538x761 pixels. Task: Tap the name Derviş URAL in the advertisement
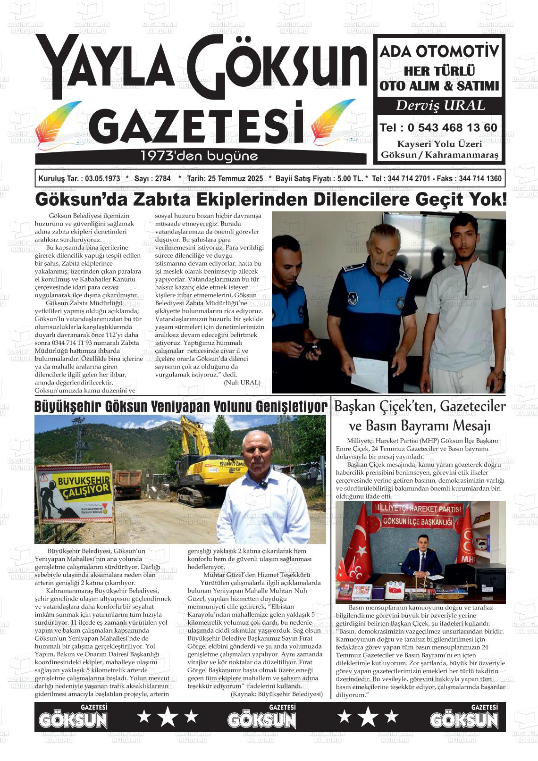tap(440, 105)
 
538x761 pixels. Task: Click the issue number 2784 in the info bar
tap(162, 179)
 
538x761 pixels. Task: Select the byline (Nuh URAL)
tap(242, 382)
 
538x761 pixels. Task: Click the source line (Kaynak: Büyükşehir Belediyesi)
tap(277, 694)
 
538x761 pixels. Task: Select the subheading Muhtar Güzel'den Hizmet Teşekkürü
tap(256, 575)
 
